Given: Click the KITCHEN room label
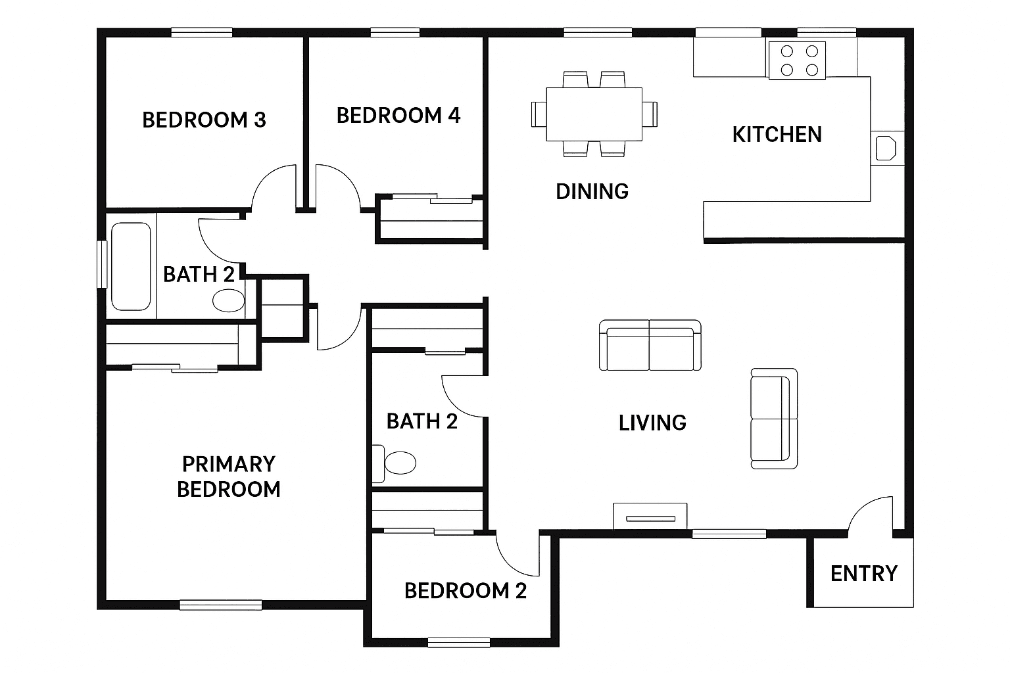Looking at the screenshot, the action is pyautogui.click(x=777, y=134).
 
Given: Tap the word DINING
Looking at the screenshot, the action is pyautogui.click(x=592, y=191).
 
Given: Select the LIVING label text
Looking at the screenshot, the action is pyautogui.click(x=652, y=423).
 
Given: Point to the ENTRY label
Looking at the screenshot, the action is pyautogui.click(x=864, y=574).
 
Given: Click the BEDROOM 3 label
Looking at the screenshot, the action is pyautogui.click(x=204, y=120).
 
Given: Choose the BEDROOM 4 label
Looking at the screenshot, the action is pyautogui.click(x=398, y=116).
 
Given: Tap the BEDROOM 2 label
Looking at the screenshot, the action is pyautogui.click(x=466, y=591).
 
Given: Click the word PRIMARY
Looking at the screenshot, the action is pyautogui.click(x=229, y=464).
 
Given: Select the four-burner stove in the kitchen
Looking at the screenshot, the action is pyautogui.click(x=797, y=60).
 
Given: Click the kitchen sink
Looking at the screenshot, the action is pyautogui.click(x=886, y=149).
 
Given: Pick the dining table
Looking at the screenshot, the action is pyautogui.click(x=594, y=114).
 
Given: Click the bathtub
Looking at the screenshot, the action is pyautogui.click(x=131, y=266).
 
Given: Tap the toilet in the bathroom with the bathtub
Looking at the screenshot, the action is pyautogui.click(x=229, y=300).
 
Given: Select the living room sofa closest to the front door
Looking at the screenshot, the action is pyautogui.click(x=774, y=419).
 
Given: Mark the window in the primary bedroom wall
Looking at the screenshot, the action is pyautogui.click(x=221, y=605).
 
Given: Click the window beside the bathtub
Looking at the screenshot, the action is pyautogui.click(x=103, y=264).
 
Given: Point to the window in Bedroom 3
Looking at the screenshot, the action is pyautogui.click(x=202, y=32).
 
